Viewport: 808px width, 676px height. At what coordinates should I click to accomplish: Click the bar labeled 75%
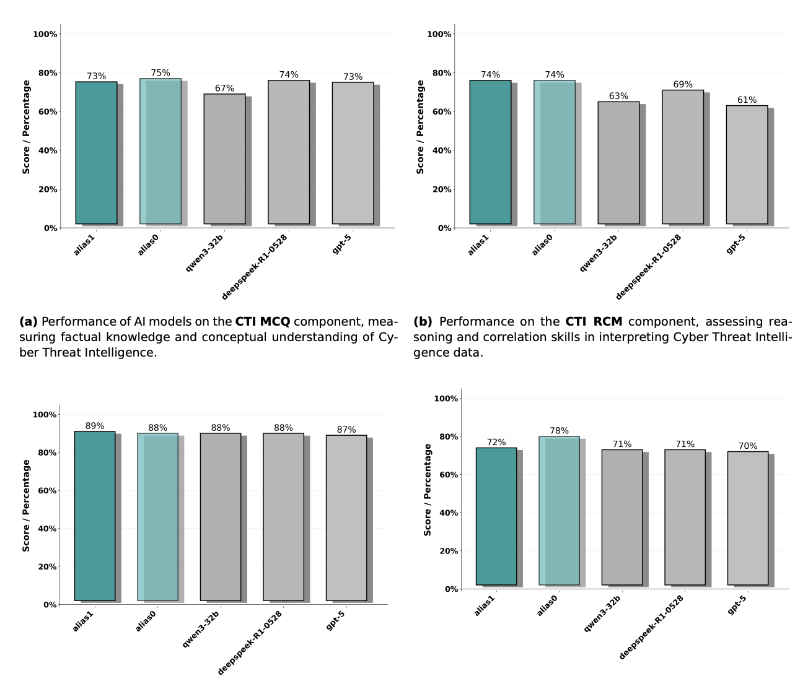click(160, 151)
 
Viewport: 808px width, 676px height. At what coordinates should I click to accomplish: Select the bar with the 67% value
click(224, 159)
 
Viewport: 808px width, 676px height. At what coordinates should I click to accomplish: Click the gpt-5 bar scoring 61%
click(747, 165)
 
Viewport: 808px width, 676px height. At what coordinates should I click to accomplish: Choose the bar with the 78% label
click(559, 511)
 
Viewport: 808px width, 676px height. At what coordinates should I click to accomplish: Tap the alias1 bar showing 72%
click(496, 516)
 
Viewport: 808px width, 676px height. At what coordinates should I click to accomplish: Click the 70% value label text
click(748, 446)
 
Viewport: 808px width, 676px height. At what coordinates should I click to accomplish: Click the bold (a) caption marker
click(29, 322)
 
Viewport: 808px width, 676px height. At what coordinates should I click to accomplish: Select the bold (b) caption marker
click(423, 322)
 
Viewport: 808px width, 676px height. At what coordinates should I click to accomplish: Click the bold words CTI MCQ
click(262, 322)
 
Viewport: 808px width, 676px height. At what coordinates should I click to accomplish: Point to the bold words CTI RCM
click(594, 322)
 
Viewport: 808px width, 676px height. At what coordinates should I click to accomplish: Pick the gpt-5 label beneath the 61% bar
click(736, 245)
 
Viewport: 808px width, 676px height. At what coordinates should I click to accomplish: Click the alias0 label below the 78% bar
click(547, 605)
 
